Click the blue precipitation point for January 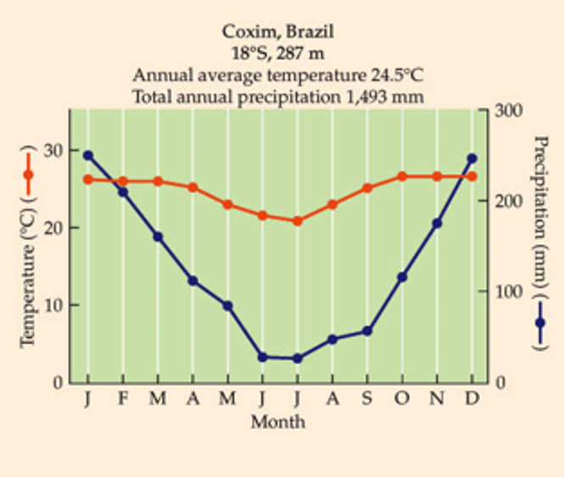[87, 155]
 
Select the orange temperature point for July [297, 221]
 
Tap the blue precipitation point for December [473, 158]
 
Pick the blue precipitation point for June [262, 357]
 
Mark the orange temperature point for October [402, 176]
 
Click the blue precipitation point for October [402, 277]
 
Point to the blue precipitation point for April [193, 281]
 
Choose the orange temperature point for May [227, 204]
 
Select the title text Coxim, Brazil [277, 31]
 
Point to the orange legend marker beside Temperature [27, 175]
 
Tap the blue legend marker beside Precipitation [540, 322]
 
